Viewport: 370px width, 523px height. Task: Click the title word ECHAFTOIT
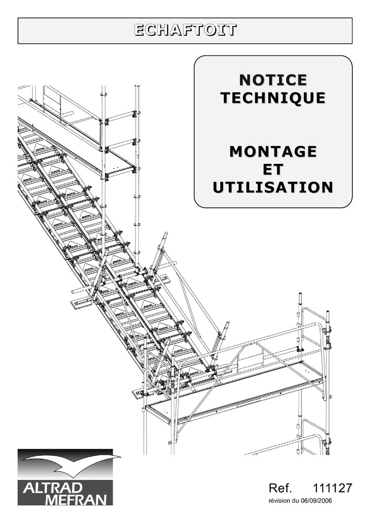186,30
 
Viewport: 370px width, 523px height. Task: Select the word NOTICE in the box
273,80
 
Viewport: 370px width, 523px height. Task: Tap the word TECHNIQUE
273,98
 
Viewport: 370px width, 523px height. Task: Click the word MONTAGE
273,152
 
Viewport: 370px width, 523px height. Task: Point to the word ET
273,169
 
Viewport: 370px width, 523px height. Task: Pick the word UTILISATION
273,187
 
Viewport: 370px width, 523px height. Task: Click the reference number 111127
332,488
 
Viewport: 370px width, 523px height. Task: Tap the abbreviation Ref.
281,488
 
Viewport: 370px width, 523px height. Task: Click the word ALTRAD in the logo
52,488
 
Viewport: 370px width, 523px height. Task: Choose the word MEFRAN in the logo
76,500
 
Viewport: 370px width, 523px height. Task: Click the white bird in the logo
70,464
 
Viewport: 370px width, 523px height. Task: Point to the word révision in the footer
279,501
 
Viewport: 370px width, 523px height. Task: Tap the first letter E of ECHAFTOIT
139,30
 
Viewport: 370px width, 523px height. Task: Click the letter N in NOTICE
245,80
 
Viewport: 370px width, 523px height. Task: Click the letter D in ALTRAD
77,488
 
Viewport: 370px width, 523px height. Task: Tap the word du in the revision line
295,501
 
